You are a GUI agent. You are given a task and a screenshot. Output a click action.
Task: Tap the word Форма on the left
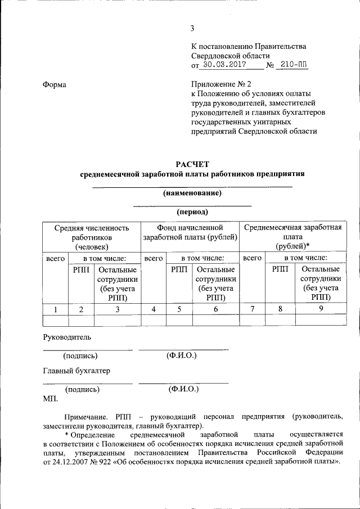pos(54,84)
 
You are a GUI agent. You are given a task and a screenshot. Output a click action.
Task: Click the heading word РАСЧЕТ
pos(192,164)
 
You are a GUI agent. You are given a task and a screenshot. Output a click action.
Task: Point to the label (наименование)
pos(192,193)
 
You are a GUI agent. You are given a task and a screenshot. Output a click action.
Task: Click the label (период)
pos(192,212)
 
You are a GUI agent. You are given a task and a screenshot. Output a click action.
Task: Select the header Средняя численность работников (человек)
pos(92,237)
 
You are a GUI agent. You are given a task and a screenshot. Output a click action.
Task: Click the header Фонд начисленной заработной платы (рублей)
pos(190,232)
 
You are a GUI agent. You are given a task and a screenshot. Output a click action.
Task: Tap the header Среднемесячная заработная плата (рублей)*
pos(291,237)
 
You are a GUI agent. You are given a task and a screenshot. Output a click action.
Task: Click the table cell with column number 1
pos(55,309)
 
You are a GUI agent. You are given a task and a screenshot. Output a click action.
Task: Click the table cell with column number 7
pos(253,309)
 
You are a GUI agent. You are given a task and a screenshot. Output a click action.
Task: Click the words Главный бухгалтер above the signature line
pos(76,371)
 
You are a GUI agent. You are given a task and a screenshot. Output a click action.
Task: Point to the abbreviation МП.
pos(50,398)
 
